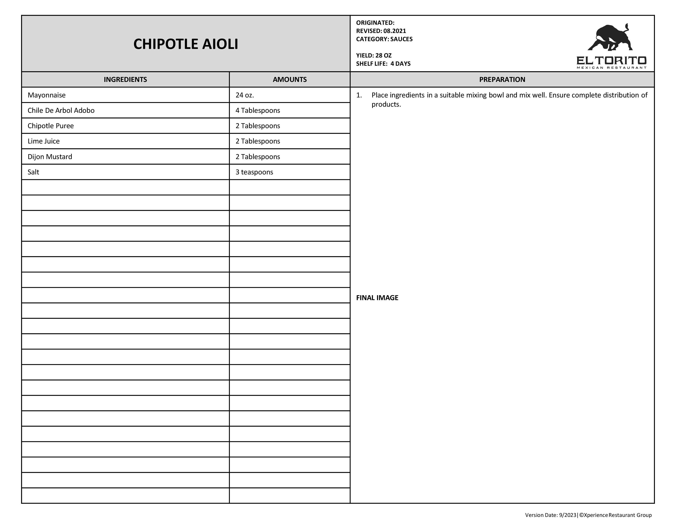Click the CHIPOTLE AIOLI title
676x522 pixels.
coord(186,44)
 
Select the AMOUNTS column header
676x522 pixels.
coord(289,79)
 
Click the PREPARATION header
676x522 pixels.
coord(502,79)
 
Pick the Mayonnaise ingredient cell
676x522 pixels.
coord(47,95)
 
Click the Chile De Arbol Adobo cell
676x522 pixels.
coord(61,110)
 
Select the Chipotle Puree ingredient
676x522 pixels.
coord(51,126)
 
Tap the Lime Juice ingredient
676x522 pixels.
coord(44,141)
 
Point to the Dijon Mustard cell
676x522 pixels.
coord(50,157)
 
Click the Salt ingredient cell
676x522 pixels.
coord(33,172)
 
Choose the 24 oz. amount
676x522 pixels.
coord(245,95)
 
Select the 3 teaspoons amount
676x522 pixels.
coord(254,172)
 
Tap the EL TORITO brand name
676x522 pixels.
coord(611,60)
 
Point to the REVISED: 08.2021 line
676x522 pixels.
coord(381,31)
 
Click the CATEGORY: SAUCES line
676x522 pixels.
coord(384,39)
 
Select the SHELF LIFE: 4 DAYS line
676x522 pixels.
coord(383,64)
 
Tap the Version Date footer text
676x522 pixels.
coord(588,515)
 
